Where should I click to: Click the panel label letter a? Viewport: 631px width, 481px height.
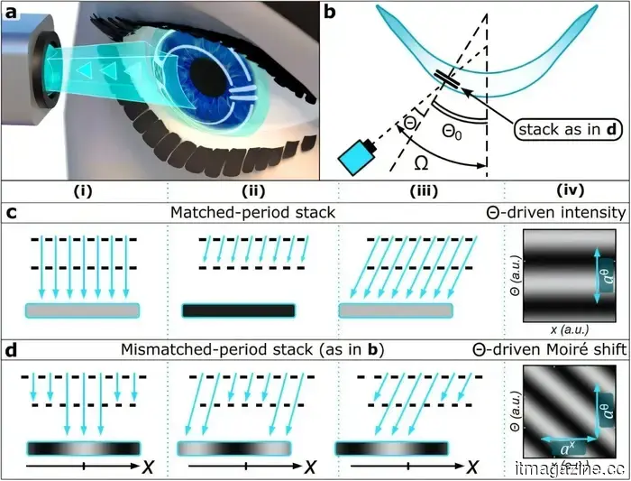pos(13,14)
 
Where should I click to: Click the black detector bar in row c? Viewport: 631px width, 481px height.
pos(239,310)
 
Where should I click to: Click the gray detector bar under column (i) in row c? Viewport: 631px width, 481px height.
pos(83,310)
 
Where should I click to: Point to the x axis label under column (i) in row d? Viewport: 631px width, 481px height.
pos(148,467)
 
